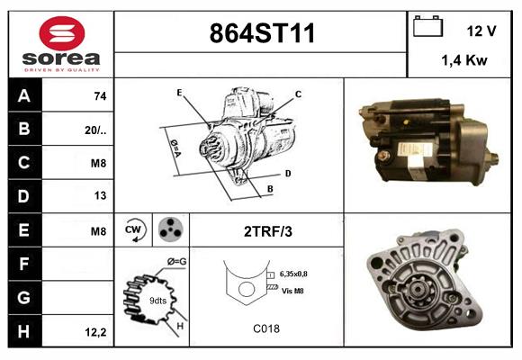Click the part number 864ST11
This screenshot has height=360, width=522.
coord(262,35)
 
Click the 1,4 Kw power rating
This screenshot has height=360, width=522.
coord(463,61)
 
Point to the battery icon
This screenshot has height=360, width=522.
coord(427,27)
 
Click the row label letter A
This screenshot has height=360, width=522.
coord(24,95)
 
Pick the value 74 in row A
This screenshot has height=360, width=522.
coord(100,96)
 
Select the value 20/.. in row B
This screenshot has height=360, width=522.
coord(96,130)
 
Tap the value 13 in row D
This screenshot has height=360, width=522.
coord(100,196)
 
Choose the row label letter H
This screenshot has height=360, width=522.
coord(24,331)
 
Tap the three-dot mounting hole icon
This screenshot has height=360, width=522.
coord(169,230)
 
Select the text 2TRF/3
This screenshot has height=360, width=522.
coord(268,231)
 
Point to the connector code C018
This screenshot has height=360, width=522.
coord(266,328)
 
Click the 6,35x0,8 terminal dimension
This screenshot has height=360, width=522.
coord(300,274)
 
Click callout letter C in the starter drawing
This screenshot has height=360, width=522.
coord(298,94)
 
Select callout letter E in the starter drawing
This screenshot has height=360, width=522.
coord(179,93)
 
